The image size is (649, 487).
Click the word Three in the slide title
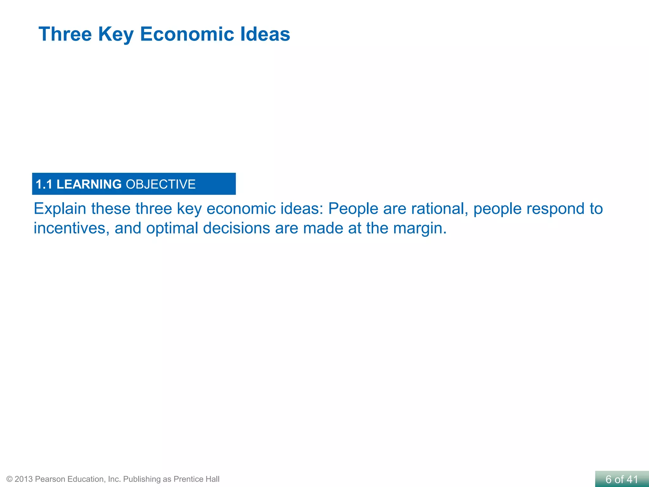tap(65, 34)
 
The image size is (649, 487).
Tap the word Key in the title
tap(116, 35)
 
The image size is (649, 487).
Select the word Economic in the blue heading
tap(187, 34)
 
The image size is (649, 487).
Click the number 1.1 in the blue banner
tap(44, 185)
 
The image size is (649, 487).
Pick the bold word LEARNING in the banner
tap(89, 185)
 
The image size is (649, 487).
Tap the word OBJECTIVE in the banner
tap(161, 185)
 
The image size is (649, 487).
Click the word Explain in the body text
tap(60, 209)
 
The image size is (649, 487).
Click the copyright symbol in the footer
tap(10, 479)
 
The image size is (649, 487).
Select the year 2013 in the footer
tap(23, 479)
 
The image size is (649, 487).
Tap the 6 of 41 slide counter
tap(622, 479)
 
